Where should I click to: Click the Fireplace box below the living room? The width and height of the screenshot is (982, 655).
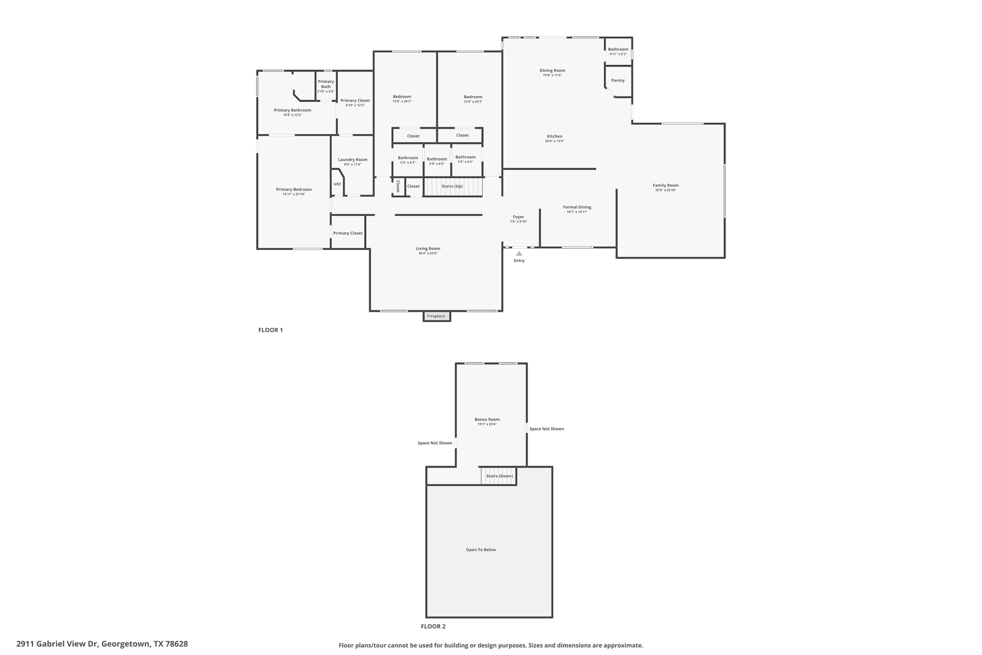tap(436, 316)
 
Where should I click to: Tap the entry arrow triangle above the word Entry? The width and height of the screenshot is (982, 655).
tap(519, 253)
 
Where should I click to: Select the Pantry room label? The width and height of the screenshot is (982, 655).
tap(618, 81)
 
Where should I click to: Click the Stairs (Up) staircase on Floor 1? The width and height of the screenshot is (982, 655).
tap(453, 187)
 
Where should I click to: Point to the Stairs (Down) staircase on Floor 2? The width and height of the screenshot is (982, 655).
tap(499, 476)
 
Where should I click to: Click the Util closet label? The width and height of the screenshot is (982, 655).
tap(337, 184)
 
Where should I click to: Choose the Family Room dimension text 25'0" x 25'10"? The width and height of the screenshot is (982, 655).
tap(666, 191)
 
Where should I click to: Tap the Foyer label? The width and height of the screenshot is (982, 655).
tap(518, 217)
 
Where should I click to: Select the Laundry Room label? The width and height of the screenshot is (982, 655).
tap(352, 160)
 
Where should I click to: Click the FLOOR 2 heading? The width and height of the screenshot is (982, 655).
tap(433, 626)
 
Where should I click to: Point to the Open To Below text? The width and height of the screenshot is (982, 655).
tap(481, 550)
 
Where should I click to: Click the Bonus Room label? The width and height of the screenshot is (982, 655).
tap(487, 419)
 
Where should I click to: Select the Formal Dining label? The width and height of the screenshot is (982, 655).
tap(577, 207)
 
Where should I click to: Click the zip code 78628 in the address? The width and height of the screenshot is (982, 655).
tap(176, 644)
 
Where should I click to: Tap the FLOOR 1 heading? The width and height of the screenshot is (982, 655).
tap(270, 330)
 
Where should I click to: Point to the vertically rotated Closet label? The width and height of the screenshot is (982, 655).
tap(398, 186)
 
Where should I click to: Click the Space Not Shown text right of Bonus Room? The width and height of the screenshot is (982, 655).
tap(547, 429)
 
